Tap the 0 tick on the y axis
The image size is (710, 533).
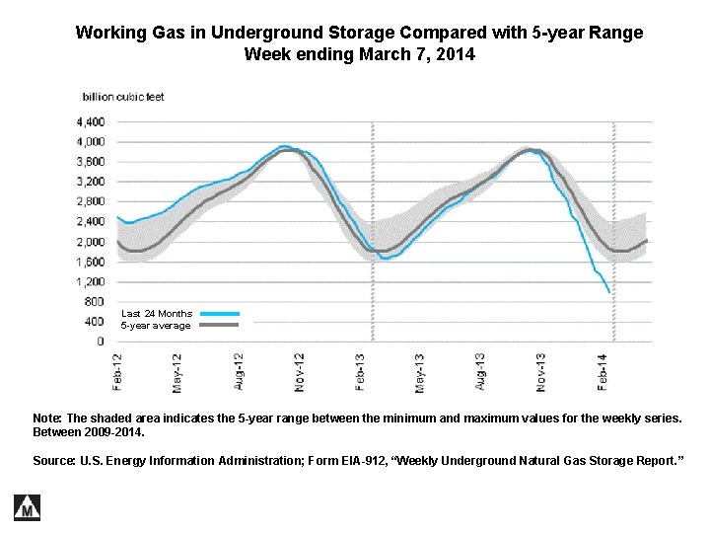pyautogui.click(x=100, y=342)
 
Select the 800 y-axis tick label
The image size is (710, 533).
pyautogui.click(x=94, y=302)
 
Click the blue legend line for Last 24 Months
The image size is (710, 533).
pyautogui.click(x=219, y=314)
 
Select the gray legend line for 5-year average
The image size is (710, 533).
pyautogui.click(x=219, y=325)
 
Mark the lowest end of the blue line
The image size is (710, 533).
pyautogui.click(x=609, y=291)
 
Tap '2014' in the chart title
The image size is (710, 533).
pyautogui.click(x=456, y=54)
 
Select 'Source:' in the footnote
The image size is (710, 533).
pyautogui.click(x=54, y=461)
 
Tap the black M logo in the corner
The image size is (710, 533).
pyautogui.click(x=27, y=506)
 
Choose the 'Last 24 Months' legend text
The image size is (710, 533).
pyautogui.click(x=157, y=314)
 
